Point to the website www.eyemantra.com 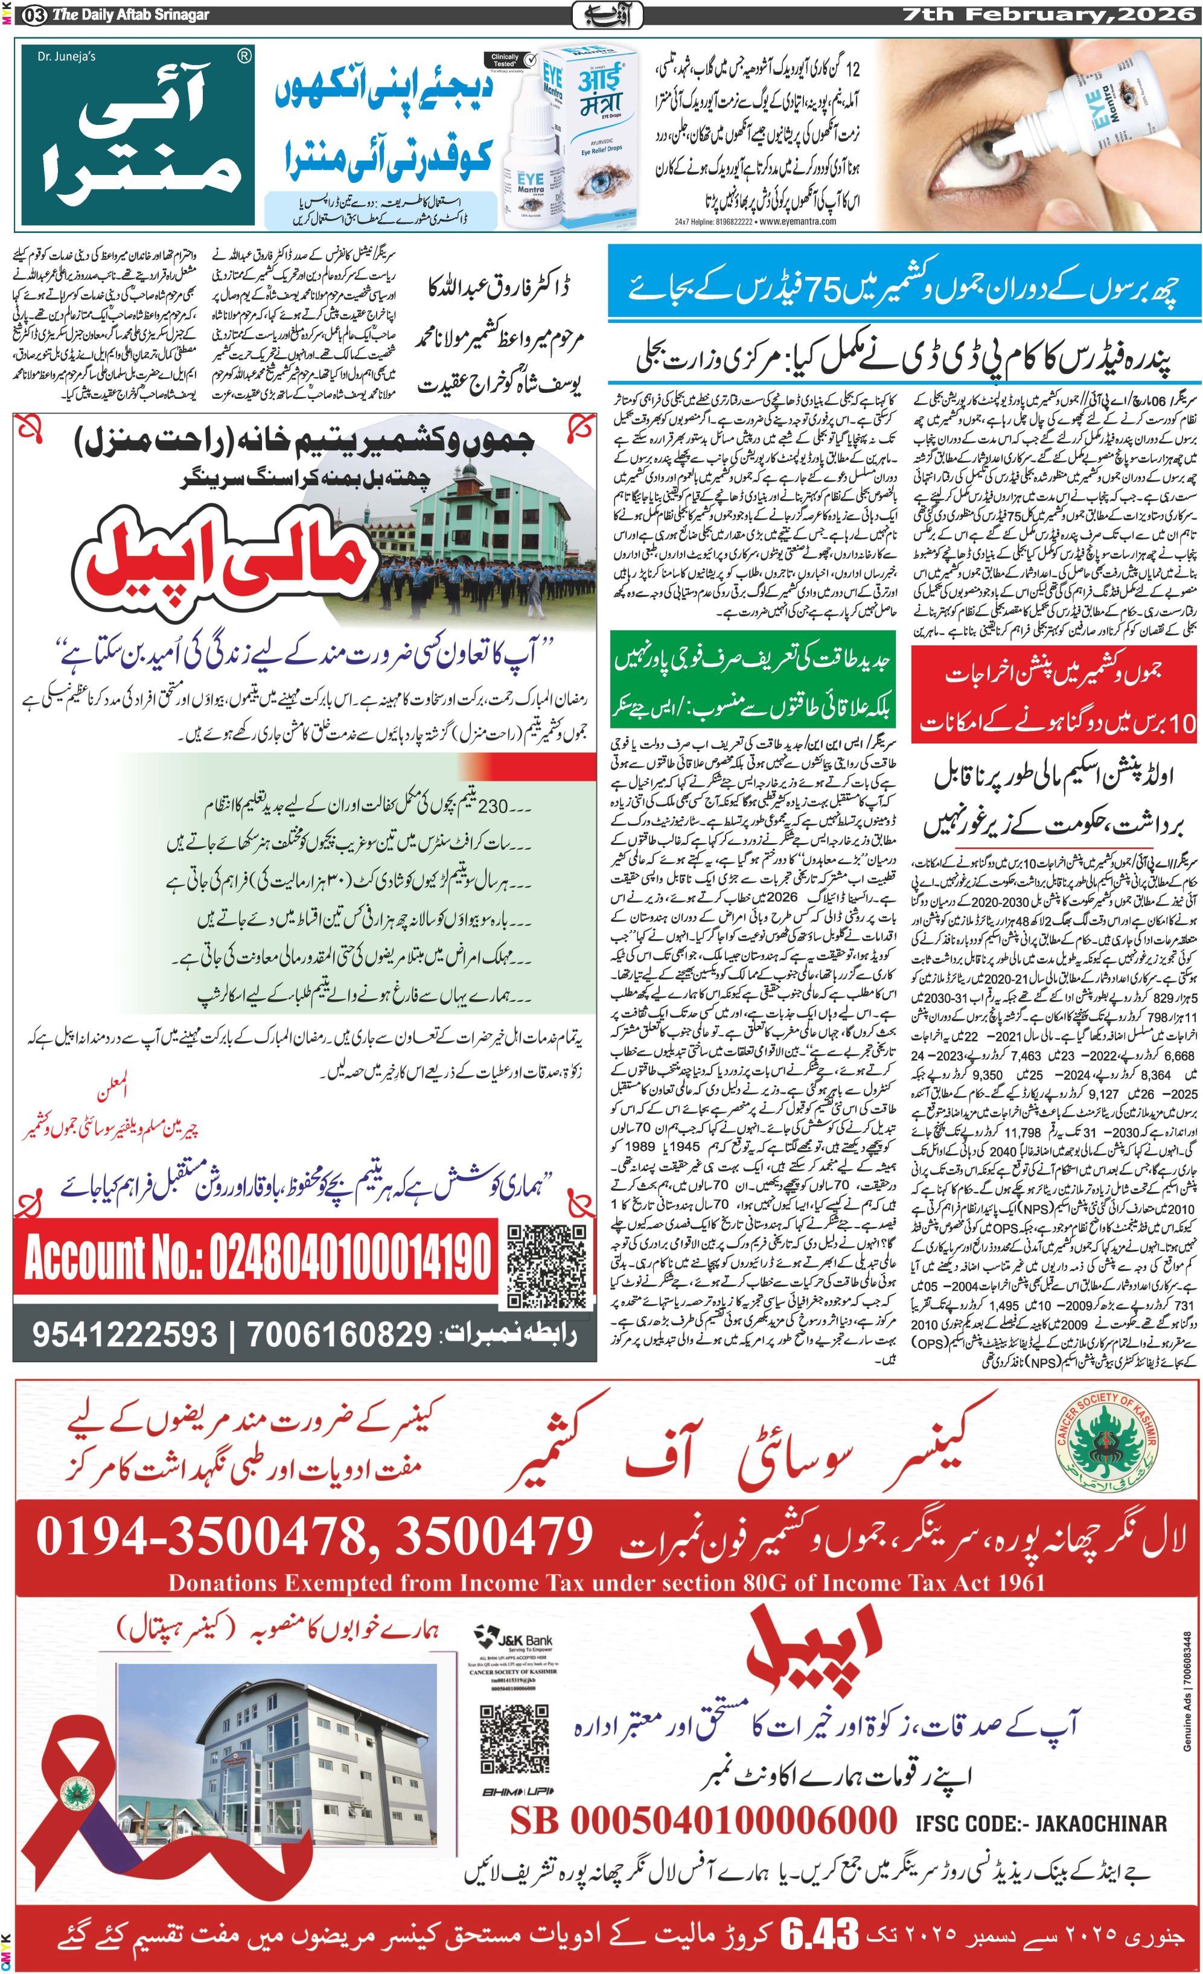tap(798, 222)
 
